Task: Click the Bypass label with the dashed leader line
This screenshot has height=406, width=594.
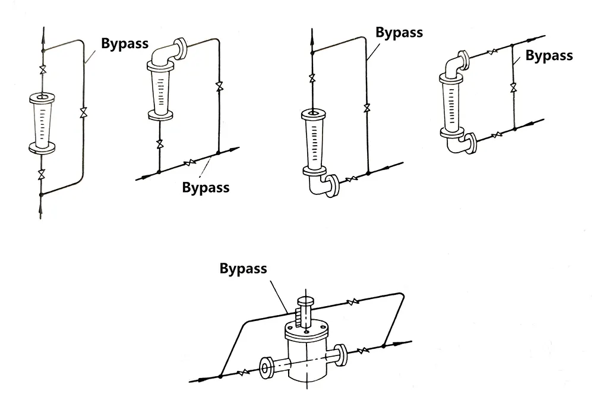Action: tap(206, 187)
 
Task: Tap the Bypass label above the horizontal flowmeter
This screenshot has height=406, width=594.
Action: tap(244, 268)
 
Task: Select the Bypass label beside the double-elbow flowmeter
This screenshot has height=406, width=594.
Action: tap(549, 56)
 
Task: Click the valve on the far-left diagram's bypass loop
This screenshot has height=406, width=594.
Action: tap(83, 113)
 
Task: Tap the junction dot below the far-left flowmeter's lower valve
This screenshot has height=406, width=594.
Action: tap(41, 194)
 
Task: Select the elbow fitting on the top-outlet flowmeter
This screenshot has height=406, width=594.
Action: tap(166, 53)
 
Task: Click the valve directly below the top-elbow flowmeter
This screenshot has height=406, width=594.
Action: tap(159, 144)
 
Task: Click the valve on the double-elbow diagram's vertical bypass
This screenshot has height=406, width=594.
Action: tap(513, 89)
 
